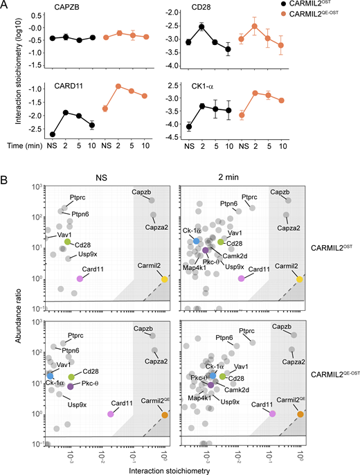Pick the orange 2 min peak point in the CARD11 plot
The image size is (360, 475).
coord(118,87)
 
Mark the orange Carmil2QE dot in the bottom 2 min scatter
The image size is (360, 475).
coord(300,414)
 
